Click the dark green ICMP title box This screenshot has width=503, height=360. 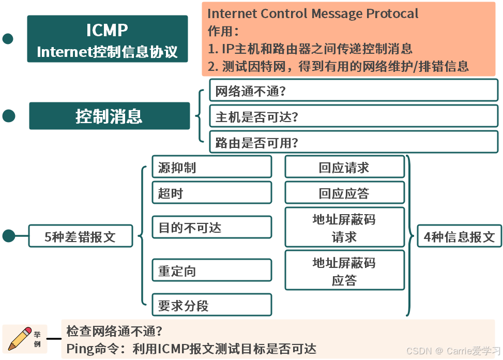click(x=108, y=39)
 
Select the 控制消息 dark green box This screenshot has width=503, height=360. click(x=109, y=116)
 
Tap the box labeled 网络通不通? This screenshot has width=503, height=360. click(x=353, y=91)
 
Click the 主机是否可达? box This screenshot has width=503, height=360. click(x=353, y=116)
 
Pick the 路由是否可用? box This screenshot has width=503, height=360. click(x=353, y=142)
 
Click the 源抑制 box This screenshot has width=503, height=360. click(x=211, y=167)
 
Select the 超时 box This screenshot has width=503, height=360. click(x=211, y=193)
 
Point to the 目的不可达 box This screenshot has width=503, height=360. click(x=211, y=228)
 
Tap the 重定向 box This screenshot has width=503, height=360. click(x=211, y=271)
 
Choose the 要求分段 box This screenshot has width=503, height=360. click(x=211, y=305)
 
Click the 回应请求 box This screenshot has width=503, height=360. click(x=344, y=167)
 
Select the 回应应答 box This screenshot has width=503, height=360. click(x=344, y=193)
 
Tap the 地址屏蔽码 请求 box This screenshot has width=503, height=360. click(x=344, y=228)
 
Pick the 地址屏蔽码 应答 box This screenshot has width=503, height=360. click(x=344, y=271)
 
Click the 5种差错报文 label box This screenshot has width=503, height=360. click(x=80, y=237)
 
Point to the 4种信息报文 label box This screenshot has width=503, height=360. click(x=459, y=236)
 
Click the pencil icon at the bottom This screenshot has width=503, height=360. click(x=20, y=339)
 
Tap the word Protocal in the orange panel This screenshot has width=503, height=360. click(x=392, y=13)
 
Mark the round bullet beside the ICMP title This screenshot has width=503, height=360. click(x=8, y=39)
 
